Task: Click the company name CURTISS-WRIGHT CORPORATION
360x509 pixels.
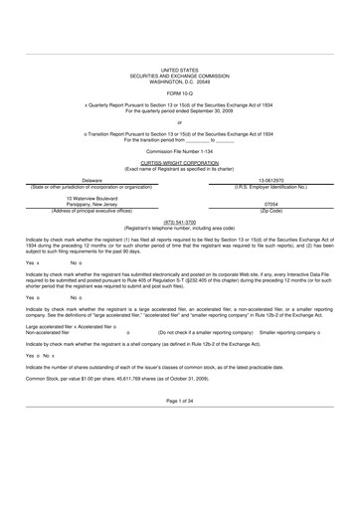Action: (179, 165)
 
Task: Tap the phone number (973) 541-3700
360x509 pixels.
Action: (179, 222)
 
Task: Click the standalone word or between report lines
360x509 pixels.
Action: (179, 121)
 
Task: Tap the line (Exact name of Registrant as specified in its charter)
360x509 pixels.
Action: (179, 170)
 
